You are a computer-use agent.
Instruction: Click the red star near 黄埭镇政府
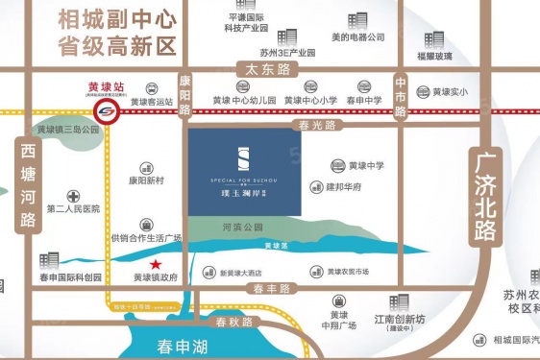click(155, 264)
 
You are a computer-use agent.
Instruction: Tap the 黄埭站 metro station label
click(100, 84)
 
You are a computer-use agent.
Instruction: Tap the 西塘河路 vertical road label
click(27, 187)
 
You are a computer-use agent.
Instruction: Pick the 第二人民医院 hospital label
click(71, 208)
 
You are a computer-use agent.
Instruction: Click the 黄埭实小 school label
click(450, 92)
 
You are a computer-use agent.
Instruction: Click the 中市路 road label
click(401, 97)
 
